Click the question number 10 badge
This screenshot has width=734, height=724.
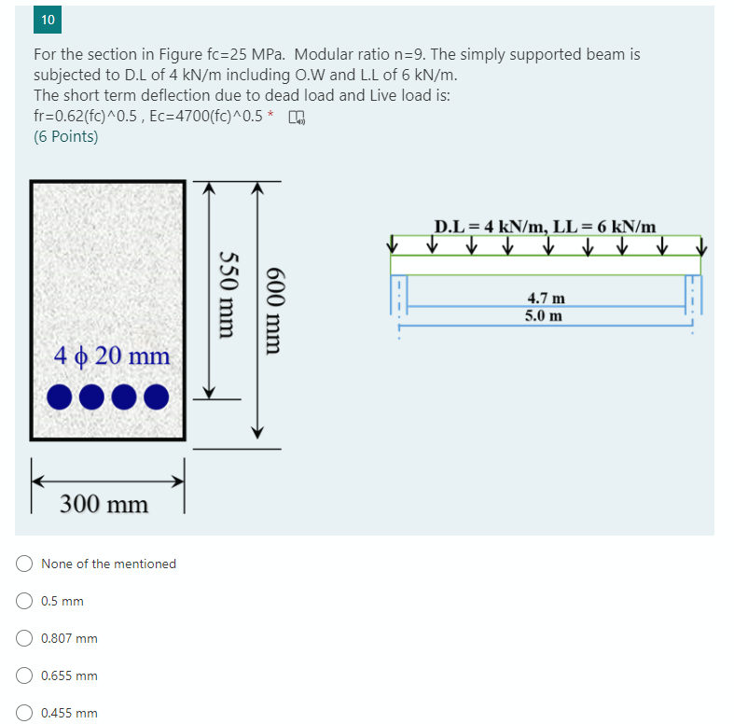(x=48, y=20)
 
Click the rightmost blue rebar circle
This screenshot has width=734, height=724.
(x=155, y=397)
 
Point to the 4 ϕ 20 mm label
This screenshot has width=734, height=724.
(x=112, y=355)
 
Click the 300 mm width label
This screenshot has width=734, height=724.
(x=104, y=505)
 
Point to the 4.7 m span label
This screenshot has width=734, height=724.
(x=546, y=299)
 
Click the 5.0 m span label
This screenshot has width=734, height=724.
(x=544, y=315)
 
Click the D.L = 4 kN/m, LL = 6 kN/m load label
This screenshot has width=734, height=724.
(x=546, y=226)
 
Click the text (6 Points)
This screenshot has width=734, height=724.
(x=65, y=136)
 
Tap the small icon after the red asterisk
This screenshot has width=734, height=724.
(x=297, y=117)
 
